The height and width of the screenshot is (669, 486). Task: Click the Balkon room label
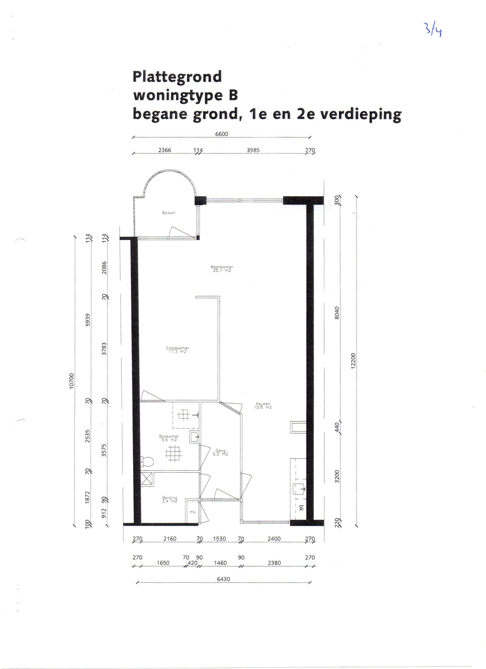168,213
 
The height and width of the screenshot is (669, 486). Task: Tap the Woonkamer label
222,268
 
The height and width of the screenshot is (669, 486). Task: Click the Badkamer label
169,438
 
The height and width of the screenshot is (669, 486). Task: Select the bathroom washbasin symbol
194,437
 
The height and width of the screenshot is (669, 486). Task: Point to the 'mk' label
192,512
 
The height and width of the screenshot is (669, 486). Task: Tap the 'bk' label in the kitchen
301,508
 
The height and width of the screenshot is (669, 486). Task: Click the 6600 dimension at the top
222,134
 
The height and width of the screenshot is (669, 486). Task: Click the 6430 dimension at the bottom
223,579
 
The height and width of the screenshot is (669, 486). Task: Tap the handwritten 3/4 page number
433,29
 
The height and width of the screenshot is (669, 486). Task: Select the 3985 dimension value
253,150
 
